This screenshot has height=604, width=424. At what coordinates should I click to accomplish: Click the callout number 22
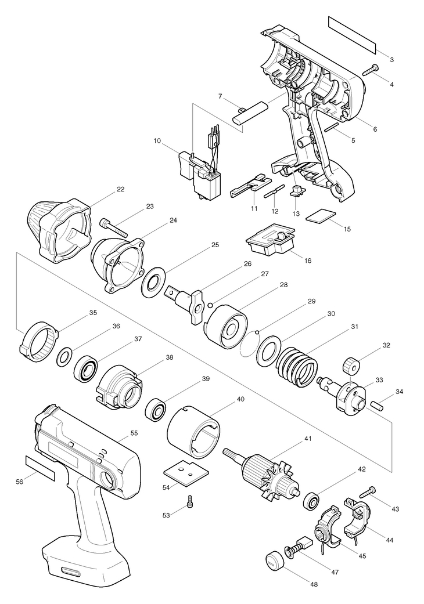pyautogui.click(x=121, y=189)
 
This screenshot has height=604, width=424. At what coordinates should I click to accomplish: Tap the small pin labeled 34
pyautogui.click(x=377, y=406)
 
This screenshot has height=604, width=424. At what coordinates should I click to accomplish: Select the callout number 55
pyautogui.click(x=134, y=433)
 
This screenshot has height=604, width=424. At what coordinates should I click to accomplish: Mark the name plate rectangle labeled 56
pyautogui.click(x=40, y=468)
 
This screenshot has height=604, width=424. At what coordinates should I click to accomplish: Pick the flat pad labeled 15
pyautogui.click(x=321, y=216)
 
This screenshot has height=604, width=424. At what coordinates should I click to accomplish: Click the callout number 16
pyautogui.click(x=308, y=261)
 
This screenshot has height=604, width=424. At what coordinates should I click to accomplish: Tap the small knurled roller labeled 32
pyautogui.click(x=351, y=366)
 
